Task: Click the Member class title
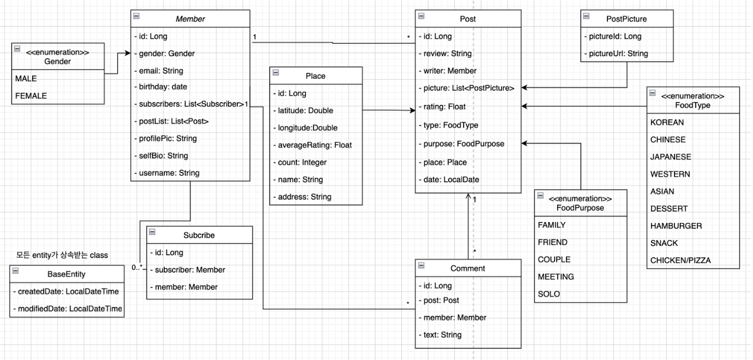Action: [190, 19]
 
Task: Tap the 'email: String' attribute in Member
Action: [158, 70]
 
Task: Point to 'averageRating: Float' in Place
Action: [312, 145]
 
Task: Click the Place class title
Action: [315, 76]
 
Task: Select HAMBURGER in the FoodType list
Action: [676, 225]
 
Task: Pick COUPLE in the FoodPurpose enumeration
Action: [554, 259]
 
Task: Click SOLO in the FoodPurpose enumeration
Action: [549, 294]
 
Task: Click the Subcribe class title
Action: [199, 236]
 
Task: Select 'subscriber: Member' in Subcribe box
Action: [188, 269]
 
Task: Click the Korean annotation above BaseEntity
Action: [63, 255]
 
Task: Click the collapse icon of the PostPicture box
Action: [586, 16]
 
